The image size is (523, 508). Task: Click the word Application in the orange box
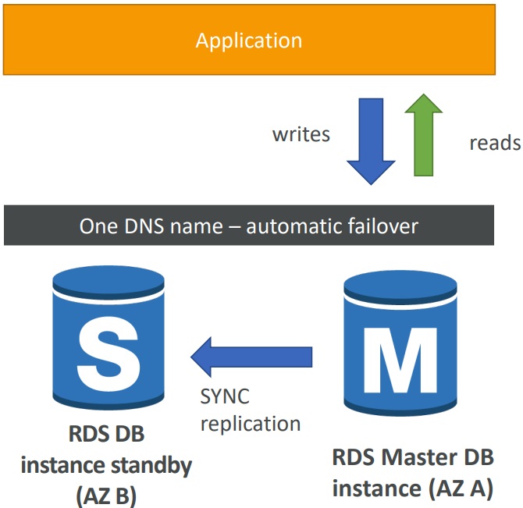[248, 41]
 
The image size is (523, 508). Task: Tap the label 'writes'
[301, 134]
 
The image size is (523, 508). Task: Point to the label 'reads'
[494, 143]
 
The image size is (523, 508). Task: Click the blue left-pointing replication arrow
[251, 357]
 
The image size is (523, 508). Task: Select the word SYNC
[224, 396]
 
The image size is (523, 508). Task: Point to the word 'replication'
[251, 424]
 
